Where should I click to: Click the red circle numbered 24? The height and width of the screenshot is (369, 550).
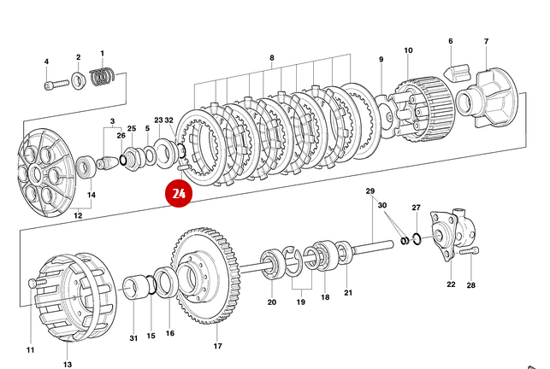pos(179,194)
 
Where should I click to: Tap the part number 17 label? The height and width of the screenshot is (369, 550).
pos(217,346)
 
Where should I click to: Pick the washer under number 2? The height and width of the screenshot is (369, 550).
pos(78,81)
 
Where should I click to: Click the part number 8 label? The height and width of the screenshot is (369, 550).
pos(272,57)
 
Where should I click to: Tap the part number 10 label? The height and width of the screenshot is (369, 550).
pos(408,50)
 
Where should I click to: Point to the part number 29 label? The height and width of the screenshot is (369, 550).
pos(370,190)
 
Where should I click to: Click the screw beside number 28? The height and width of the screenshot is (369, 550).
pos(465,253)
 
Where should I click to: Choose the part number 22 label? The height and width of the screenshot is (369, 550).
pos(451,284)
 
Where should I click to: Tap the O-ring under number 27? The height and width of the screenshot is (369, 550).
pos(417,237)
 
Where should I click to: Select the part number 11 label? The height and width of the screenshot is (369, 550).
pos(30,350)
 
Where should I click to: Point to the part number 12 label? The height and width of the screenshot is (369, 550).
pos(77,215)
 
